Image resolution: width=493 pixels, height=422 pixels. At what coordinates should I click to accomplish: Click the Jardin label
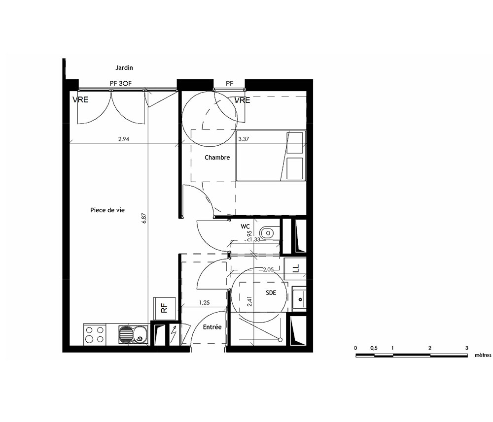[x=124, y=68]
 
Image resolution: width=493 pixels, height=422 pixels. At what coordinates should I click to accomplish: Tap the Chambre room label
[x=217, y=157]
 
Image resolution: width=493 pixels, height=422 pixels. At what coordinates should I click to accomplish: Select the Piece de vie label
[x=107, y=210]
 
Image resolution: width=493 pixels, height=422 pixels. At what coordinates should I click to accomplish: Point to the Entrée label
[x=212, y=327]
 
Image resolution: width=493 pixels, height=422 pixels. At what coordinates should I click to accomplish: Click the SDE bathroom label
[x=271, y=292]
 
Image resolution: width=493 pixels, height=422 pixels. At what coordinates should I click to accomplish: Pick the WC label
[x=245, y=227]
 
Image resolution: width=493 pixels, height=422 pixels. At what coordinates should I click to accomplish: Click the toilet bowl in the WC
[x=267, y=233]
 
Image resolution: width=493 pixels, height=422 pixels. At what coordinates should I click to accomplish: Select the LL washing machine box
[x=295, y=268]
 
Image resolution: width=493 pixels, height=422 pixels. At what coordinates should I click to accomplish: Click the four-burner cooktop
[x=95, y=335]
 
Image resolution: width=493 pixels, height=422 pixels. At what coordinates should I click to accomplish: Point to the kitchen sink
[x=133, y=335]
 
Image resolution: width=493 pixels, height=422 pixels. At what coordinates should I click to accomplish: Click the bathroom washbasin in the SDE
[x=299, y=299]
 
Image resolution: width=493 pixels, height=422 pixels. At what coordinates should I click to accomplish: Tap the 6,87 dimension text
[x=144, y=218]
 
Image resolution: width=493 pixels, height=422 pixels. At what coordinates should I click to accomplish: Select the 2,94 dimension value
[x=124, y=139]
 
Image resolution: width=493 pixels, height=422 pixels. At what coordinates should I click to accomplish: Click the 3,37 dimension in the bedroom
[x=244, y=139]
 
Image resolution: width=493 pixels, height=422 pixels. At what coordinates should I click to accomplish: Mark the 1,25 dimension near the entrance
[x=205, y=303]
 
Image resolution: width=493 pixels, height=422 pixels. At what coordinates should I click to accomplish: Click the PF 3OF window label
[x=121, y=84]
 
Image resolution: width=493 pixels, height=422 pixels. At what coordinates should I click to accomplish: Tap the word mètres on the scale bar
[x=483, y=356]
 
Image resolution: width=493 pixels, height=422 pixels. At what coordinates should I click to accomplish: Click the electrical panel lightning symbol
[x=174, y=334]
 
